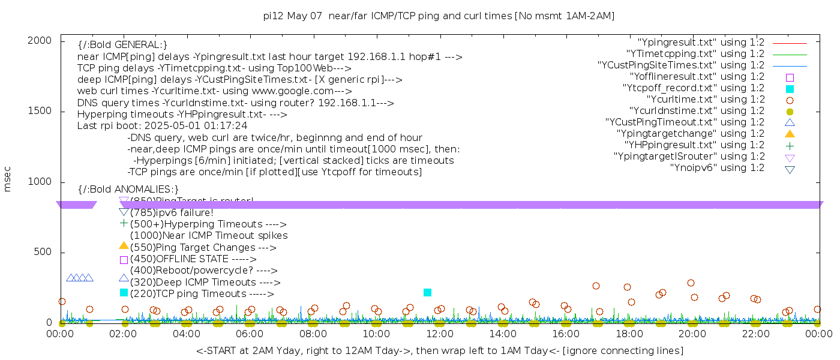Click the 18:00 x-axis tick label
629,334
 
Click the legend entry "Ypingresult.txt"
701,43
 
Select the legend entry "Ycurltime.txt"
705,100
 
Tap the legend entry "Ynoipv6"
717,168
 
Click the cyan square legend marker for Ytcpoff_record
790,89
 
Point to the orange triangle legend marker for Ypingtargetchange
790,134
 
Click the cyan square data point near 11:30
427,293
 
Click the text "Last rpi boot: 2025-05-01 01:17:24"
162,126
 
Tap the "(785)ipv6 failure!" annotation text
172,213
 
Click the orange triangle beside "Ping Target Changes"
124,246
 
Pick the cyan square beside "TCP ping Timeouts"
124,293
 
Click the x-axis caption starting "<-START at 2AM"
439,350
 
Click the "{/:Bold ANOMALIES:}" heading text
128,190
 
